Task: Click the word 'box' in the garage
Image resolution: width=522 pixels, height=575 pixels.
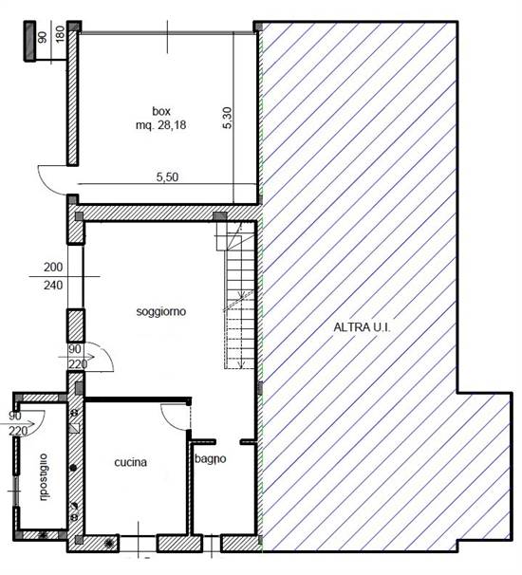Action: pyautogui.click(x=161, y=111)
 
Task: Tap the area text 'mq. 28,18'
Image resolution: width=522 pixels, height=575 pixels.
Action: pyautogui.click(x=160, y=125)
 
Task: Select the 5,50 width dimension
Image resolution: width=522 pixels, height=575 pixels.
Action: pyautogui.click(x=167, y=177)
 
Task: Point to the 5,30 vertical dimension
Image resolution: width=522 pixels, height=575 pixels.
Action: pyautogui.click(x=227, y=118)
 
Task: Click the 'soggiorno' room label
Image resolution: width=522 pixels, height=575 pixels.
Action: pyautogui.click(x=161, y=312)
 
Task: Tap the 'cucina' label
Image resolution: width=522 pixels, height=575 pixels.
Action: pyautogui.click(x=131, y=462)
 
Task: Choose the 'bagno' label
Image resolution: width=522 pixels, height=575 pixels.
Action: pyautogui.click(x=210, y=458)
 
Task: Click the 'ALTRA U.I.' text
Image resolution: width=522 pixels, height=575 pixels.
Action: pyautogui.click(x=362, y=327)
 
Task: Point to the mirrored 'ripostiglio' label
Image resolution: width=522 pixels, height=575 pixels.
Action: pyautogui.click(x=43, y=477)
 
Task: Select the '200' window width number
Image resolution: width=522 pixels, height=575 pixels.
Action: pyautogui.click(x=53, y=267)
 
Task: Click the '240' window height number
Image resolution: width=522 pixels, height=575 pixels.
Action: pyautogui.click(x=53, y=285)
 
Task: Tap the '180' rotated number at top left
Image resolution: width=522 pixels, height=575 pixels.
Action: pyautogui.click(x=60, y=34)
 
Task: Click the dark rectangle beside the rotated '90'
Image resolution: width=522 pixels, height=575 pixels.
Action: pyautogui.click(x=29, y=41)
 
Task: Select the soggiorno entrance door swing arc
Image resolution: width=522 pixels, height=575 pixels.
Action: pyautogui.click(x=105, y=351)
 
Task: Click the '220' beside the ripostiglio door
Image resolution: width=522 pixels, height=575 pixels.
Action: pyautogui.click(x=18, y=431)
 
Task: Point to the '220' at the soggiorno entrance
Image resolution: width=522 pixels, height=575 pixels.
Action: pyautogui.click(x=78, y=364)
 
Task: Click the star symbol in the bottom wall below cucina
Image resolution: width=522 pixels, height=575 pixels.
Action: pyautogui.click(x=108, y=543)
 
